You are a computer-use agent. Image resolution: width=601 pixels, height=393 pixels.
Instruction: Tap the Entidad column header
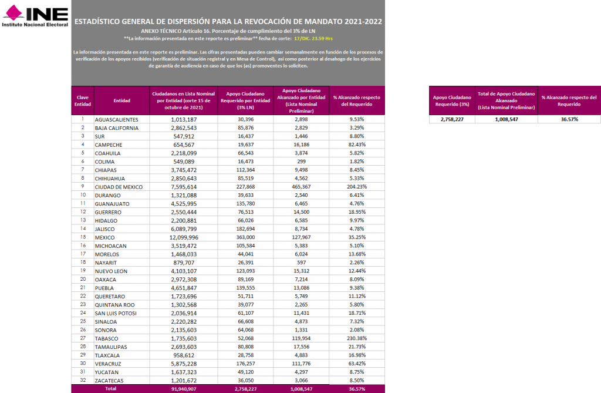pos(121,100)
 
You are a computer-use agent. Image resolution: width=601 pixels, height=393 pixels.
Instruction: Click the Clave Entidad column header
pos(82,100)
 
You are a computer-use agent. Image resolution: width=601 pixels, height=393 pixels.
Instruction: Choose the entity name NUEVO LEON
pos(111,271)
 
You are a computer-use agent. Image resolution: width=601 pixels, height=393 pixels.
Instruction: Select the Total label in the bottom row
pos(110,389)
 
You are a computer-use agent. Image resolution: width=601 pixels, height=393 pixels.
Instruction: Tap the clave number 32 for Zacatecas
pos(82,380)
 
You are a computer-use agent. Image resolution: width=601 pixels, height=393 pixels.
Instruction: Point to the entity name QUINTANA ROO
pos(115,305)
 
